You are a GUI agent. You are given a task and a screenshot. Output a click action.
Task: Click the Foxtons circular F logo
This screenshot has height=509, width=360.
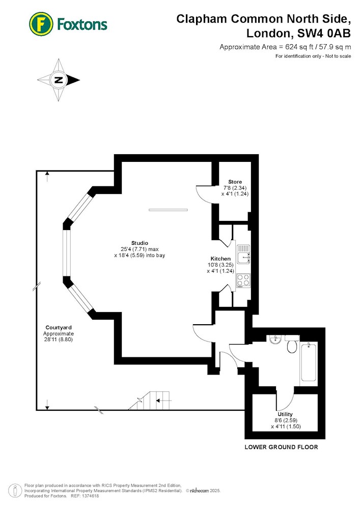point(41,24)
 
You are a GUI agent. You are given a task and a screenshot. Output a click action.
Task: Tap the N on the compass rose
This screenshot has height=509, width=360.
point(59,80)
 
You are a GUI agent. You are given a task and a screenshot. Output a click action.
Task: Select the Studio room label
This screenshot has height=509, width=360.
point(140,243)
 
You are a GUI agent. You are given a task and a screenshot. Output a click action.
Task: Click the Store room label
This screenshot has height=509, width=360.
point(235,182)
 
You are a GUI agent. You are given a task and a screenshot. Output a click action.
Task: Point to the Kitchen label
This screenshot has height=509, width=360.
point(221,259)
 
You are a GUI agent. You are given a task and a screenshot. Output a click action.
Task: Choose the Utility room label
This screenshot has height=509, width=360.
point(285,414)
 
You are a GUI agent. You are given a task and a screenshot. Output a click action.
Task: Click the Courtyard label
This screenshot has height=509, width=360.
point(59,327)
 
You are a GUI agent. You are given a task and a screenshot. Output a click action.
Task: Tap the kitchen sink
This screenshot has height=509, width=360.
point(243,254)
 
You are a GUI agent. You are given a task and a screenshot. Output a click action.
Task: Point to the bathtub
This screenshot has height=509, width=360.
point(309,361)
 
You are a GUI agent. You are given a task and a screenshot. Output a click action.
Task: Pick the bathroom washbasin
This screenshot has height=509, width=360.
point(275,340)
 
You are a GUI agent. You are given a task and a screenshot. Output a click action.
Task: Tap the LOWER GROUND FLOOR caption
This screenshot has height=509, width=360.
point(281,447)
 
